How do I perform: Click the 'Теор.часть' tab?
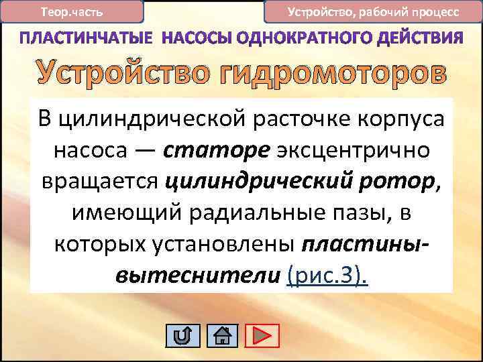[72, 11]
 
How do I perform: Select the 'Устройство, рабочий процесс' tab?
[373, 11]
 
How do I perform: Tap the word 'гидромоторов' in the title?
[337, 75]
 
